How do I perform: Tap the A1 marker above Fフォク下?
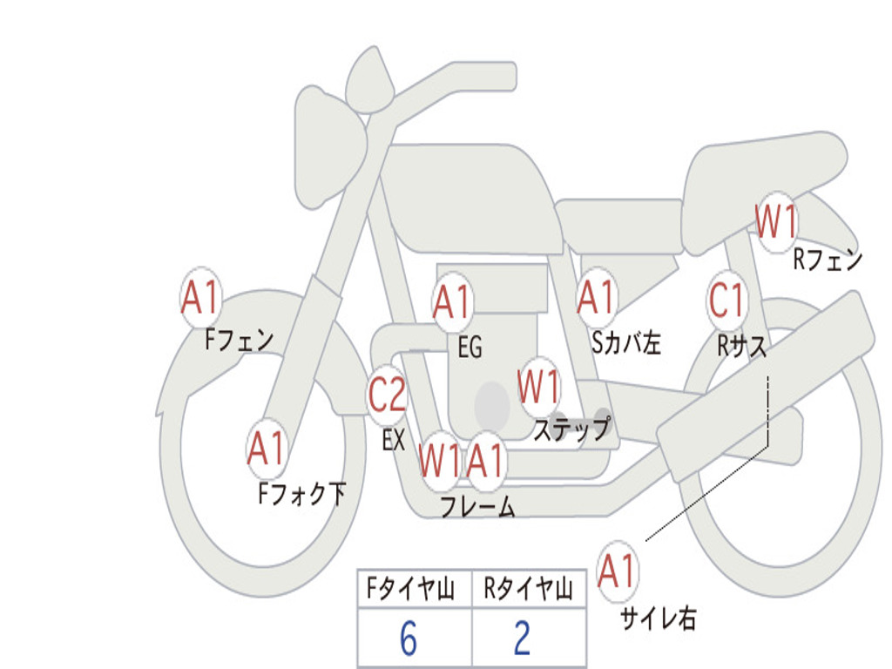(x=267, y=449)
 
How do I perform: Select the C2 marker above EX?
(x=388, y=395)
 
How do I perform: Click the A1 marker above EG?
(x=452, y=301)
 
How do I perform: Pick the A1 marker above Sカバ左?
(x=597, y=297)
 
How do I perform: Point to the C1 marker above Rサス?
(x=727, y=300)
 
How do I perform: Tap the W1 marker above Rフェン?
(x=776, y=222)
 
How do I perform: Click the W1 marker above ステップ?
(x=538, y=387)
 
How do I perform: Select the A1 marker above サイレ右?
(x=617, y=571)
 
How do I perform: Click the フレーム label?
(x=478, y=506)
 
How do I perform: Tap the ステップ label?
(x=572, y=429)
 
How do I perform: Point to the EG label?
(x=470, y=347)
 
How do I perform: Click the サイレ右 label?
(x=659, y=618)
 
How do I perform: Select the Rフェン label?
(x=828, y=260)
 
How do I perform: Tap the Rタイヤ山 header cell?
(x=529, y=588)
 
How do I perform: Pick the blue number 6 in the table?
(x=409, y=638)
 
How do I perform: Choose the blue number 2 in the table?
(x=523, y=638)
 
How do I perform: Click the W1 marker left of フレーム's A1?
(x=439, y=460)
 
